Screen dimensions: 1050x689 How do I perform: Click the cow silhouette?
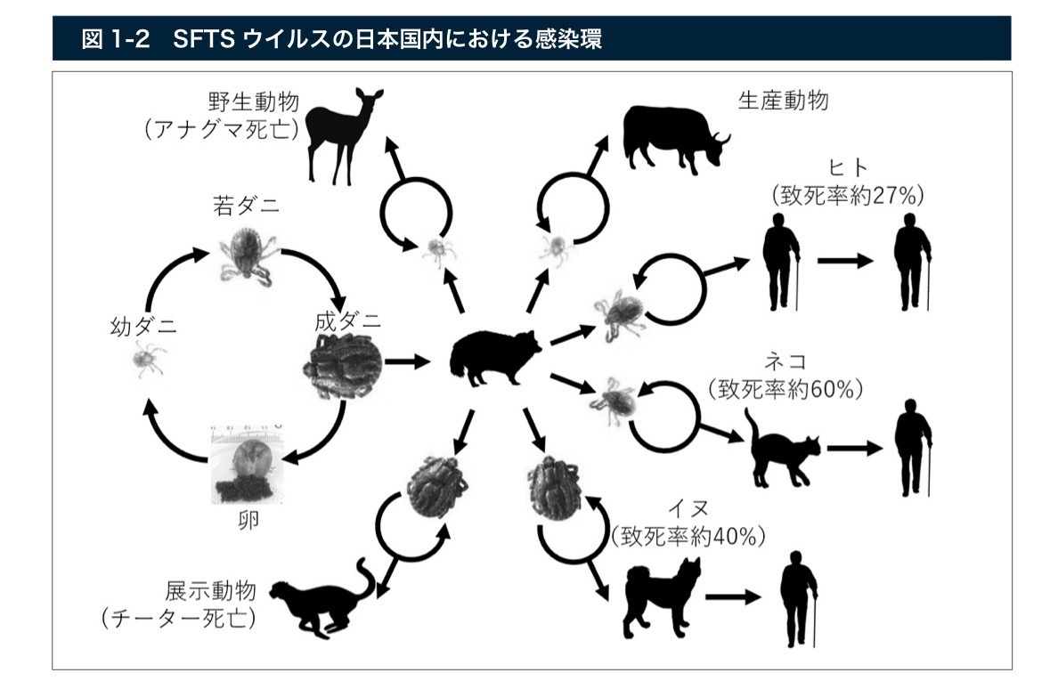click(x=673, y=137)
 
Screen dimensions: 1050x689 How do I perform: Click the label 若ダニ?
click(x=246, y=206)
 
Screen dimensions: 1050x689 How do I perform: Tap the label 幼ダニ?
click(x=143, y=326)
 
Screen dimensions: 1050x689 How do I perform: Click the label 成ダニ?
click(x=347, y=320)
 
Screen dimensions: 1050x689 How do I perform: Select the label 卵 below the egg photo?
click(x=248, y=520)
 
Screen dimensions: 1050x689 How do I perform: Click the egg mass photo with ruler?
click(x=247, y=464)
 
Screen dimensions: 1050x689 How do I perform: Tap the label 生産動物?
click(x=783, y=101)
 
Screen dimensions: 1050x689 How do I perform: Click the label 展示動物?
click(x=210, y=590)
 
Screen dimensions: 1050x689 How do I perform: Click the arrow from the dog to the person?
click(x=733, y=596)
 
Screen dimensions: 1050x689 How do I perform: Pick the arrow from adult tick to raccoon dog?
click(x=407, y=361)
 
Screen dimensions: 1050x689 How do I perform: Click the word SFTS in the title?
click(x=204, y=39)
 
